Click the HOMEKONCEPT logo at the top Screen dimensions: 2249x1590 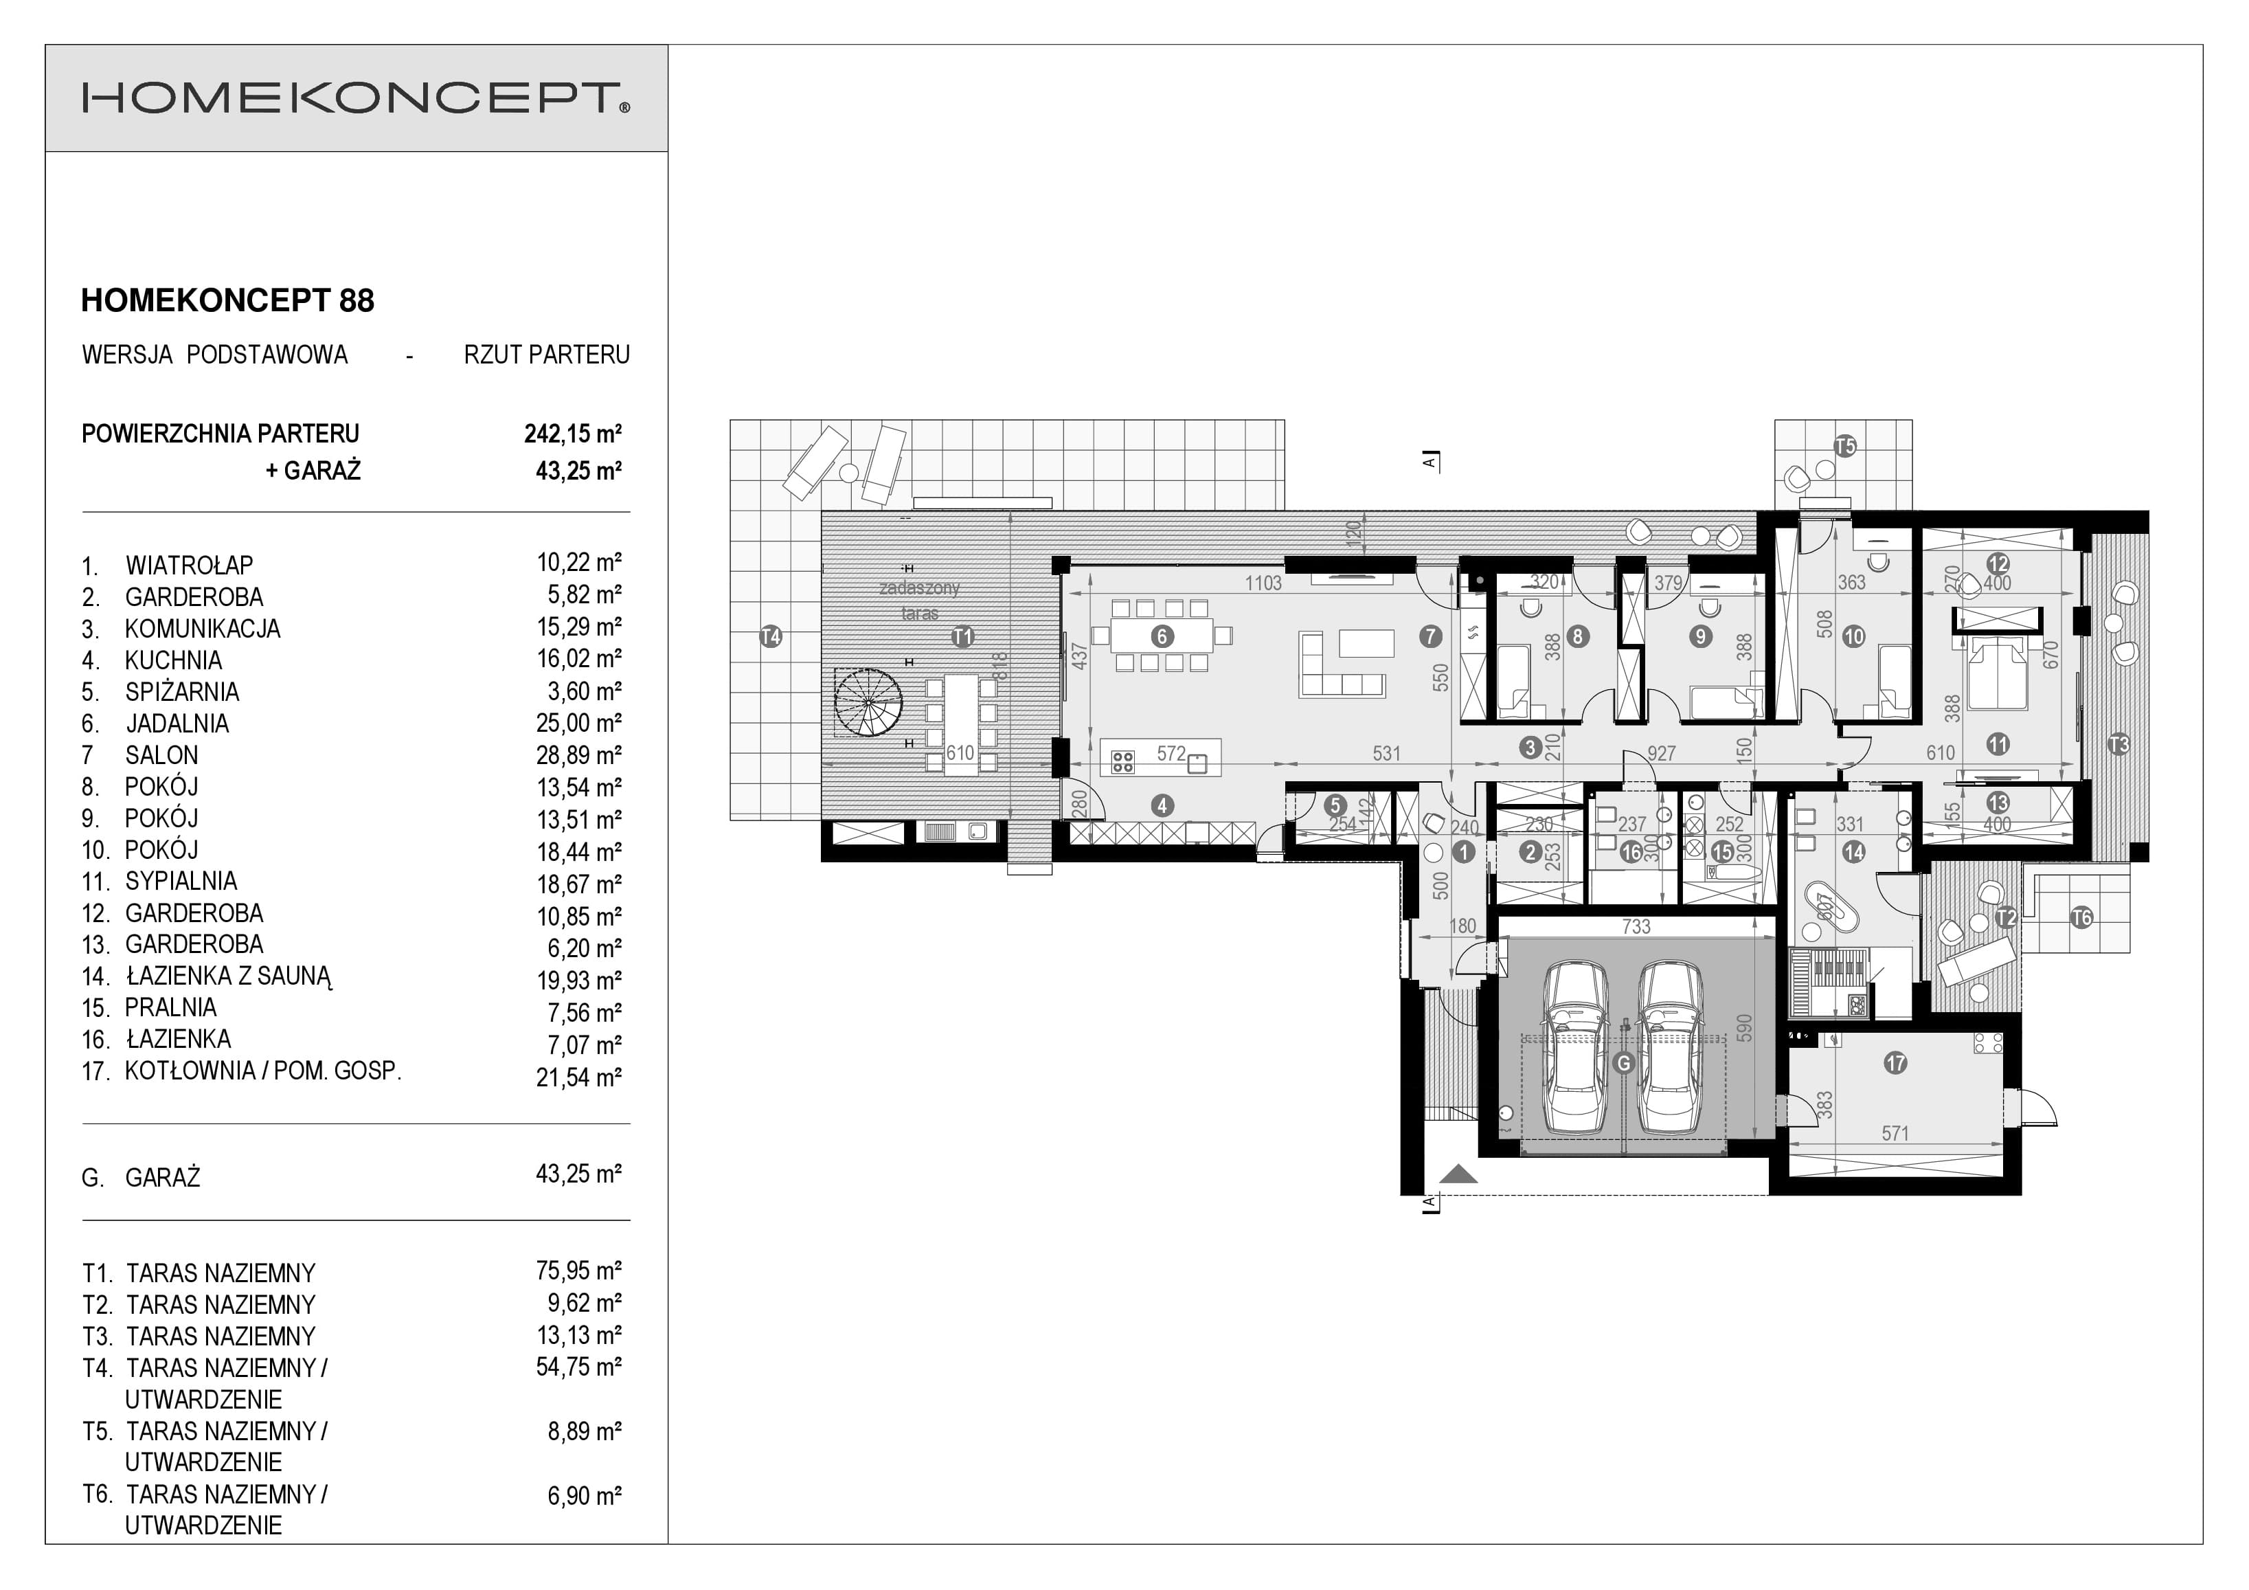pyautogui.click(x=356, y=99)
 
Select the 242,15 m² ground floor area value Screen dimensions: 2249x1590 pyautogui.click(x=573, y=433)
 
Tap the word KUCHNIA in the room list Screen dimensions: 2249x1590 pyautogui.click(x=173, y=660)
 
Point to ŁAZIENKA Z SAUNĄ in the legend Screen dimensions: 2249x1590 pyautogui.click(x=228, y=976)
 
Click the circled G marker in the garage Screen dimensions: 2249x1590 pyautogui.click(x=1623, y=1063)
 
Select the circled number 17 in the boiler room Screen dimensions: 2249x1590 pyautogui.click(x=1895, y=1063)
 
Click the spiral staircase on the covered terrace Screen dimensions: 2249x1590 pyautogui.click(x=868, y=702)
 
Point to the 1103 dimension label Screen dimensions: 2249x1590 pyautogui.click(x=1263, y=583)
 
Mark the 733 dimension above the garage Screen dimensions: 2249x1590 pyautogui.click(x=1636, y=926)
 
